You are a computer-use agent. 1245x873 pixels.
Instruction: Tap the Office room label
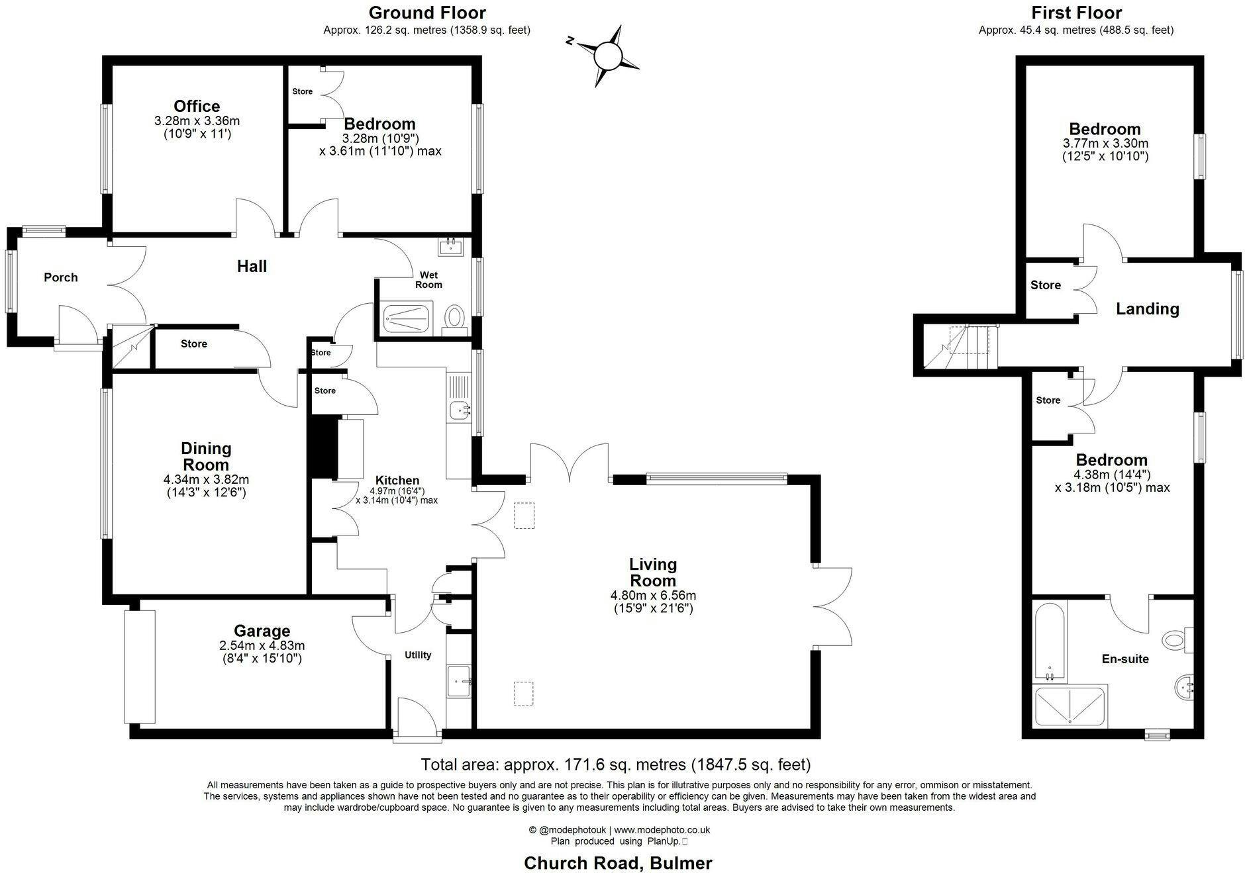click(197, 106)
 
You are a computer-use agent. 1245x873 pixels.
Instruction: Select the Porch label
click(61, 277)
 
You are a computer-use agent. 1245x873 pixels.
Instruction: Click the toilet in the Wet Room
click(454, 316)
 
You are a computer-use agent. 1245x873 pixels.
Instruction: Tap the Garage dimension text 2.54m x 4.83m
click(262, 645)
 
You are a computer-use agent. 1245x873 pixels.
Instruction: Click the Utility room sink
click(460, 680)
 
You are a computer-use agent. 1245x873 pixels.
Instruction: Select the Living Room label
click(653, 573)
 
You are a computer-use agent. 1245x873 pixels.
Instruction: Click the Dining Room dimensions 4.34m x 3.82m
click(206, 479)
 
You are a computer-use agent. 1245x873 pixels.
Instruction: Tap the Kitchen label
click(397, 481)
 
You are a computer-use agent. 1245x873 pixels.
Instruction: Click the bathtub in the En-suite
click(1050, 642)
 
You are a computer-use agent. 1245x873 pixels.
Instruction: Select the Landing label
click(1148, 309)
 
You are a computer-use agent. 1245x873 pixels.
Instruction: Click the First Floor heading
click(1076, 13)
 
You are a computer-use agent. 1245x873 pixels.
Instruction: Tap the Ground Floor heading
click(427, 13)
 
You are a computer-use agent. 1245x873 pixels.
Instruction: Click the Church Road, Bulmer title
click(618, 863)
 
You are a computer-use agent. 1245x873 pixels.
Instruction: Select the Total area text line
click(616, 764)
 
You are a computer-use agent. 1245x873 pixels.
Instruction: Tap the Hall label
click(252, 266)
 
